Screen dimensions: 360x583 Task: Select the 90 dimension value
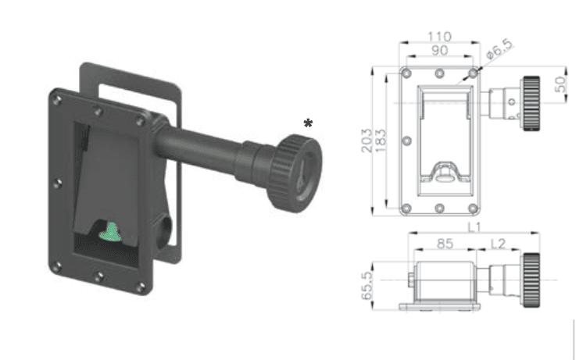(438, 51)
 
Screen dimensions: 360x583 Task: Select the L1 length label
(474, 226)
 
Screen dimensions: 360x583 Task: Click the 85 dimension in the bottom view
(445, 244)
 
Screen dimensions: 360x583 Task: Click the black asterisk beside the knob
(309, 123)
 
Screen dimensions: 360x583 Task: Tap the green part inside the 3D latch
(112, 230)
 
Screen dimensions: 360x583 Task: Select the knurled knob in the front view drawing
(532, 103)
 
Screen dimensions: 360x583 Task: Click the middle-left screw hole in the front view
(406, 141)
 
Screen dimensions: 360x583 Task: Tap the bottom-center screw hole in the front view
(439, 209)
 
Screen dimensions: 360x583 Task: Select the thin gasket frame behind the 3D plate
(177, 156)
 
